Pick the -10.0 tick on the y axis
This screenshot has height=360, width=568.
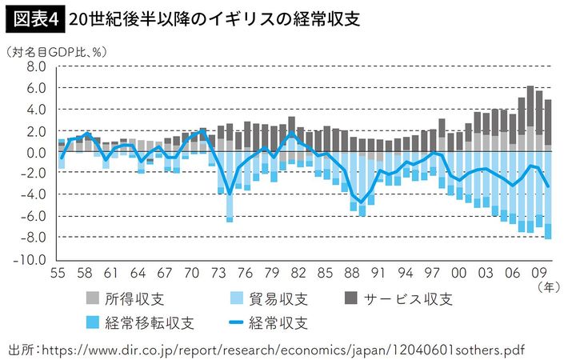pyautogui.click(x=34, y=260)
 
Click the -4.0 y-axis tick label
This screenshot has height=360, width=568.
pyautogui.click(x=35, y=195)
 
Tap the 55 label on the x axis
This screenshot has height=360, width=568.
pyautogui.click(x=58, y=272)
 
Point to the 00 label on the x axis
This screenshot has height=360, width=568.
pyautogui.click(x=458, y=272)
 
